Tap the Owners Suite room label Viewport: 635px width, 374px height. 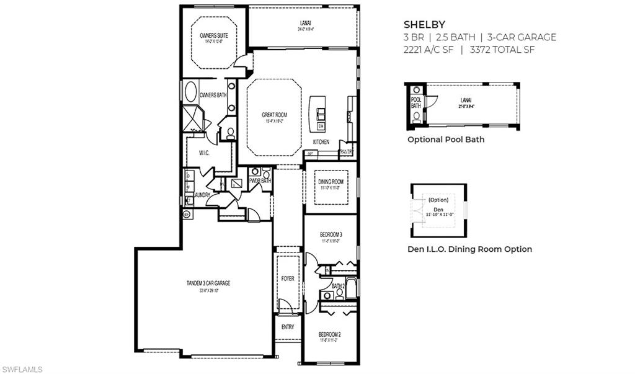(x=213, y=36)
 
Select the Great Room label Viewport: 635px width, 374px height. (x=274, y=115)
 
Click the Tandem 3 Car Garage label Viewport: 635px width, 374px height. (x=208, y=283)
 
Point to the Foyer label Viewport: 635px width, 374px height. (x=288, y=279)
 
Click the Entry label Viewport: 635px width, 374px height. (x=288, y=327)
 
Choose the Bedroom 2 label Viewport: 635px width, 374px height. (x=329, y=334)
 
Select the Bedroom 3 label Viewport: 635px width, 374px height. (x=331, y=234)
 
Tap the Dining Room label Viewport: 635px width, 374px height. (x=330, y=182)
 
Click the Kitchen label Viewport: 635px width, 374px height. (x=321, y=142)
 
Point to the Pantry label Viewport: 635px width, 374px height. (x=347, y=151)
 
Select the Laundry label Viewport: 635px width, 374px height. (x=203, y=195)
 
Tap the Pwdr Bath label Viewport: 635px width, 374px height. (x=260, y=180)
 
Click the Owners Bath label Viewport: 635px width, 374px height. (x=212, y=95)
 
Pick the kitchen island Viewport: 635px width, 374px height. (x=319, y=113)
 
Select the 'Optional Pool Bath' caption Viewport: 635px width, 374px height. (x=446, y=140)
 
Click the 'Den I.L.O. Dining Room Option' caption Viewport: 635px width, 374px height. (x=469, y=249)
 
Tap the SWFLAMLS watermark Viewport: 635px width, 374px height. (x=22, y=369)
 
